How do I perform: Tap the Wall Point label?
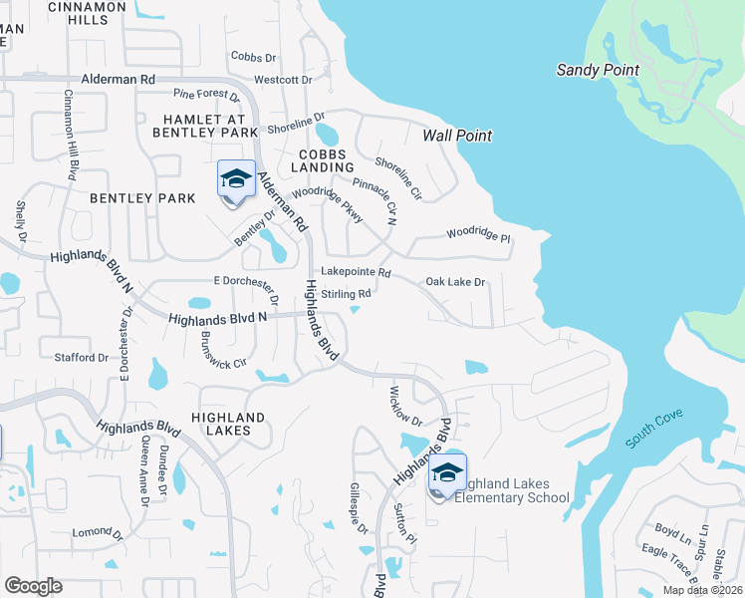point(457,136)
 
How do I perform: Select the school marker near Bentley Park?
point(236,180)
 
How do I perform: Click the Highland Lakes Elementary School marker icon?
point(447,474)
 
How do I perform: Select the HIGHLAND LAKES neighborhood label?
point(228,425)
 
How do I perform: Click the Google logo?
point(33,585)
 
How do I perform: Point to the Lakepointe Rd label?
point(356,272)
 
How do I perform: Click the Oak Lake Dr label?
point(455,282)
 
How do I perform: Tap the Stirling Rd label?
point(346,294)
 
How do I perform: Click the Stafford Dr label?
point(82,357)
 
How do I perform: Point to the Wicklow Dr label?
point(405,406)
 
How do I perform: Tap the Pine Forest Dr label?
point(207,96)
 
